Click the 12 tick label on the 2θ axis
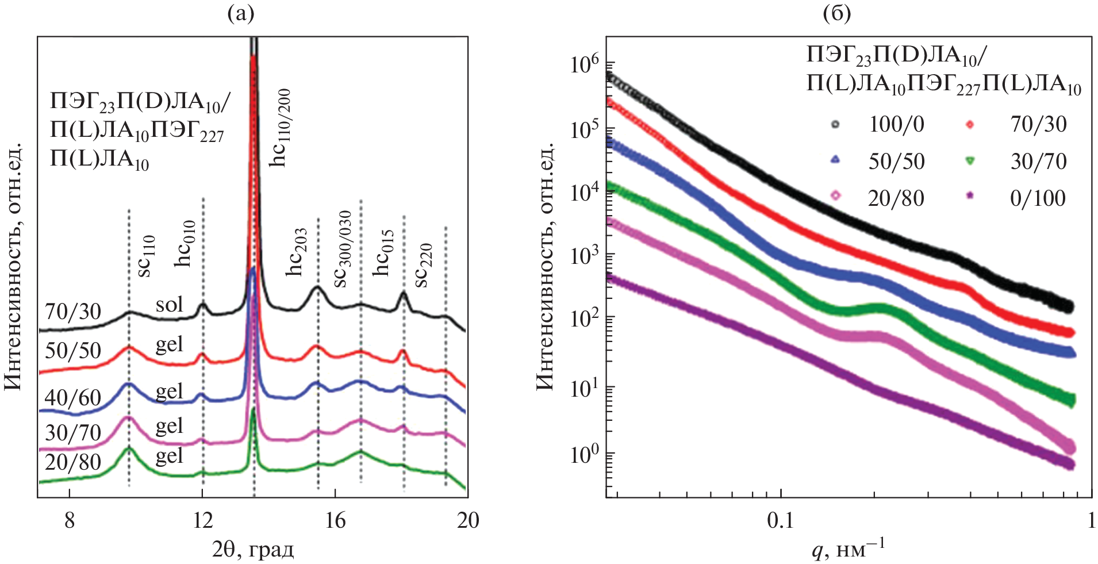tap(202, 520)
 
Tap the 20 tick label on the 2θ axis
tap(468, 520)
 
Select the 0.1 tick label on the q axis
tap(780, 520)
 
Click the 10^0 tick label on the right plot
tap(585, 454)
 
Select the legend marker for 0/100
tap(970, 196)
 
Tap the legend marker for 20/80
tap(835, 196)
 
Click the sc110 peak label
tap(147, 256)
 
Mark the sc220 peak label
tap(424, 265)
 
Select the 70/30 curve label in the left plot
tap(73, 312)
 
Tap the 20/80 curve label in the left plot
tap(73, 462)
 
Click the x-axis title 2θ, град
tap(253, 550)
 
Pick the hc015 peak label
tap(383, 253)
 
